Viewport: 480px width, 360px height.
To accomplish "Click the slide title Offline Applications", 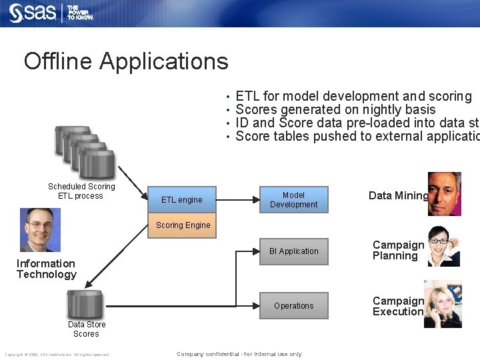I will [126, 61].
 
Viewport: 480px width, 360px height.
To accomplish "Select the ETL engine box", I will [181, 199].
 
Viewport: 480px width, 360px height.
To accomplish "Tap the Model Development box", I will [293, 199].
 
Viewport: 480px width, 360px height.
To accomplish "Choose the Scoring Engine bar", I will [183, 225].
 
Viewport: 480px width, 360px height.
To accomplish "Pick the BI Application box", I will [293, 251].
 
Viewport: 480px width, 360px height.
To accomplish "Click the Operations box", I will [293, 306].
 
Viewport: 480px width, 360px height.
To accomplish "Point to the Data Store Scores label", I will [86, 329].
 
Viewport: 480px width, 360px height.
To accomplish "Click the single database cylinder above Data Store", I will [85, 304].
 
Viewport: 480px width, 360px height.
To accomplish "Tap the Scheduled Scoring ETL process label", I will [81, 191].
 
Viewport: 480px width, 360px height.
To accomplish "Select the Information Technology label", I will [46, 269].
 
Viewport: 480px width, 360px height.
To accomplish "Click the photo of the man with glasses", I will [40, 229].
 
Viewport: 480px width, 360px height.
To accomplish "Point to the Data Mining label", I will [398, 195].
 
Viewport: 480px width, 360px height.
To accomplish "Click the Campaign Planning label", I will [398, 251].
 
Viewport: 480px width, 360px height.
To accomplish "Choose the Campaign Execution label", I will [398, 306].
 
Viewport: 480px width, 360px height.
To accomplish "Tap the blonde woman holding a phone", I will [443, 304].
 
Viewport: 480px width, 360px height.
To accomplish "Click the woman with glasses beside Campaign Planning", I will [443, 247].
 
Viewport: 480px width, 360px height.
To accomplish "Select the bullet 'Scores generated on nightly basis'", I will [335, 109].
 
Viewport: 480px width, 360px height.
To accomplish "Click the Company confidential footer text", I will [239, 354].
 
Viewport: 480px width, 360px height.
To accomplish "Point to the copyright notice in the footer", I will [57, 354].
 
